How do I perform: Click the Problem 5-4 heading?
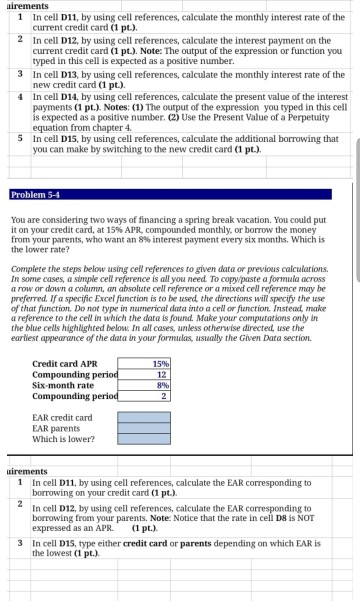(x=37, y=193)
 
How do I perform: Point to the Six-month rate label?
(x=62, y=411)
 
